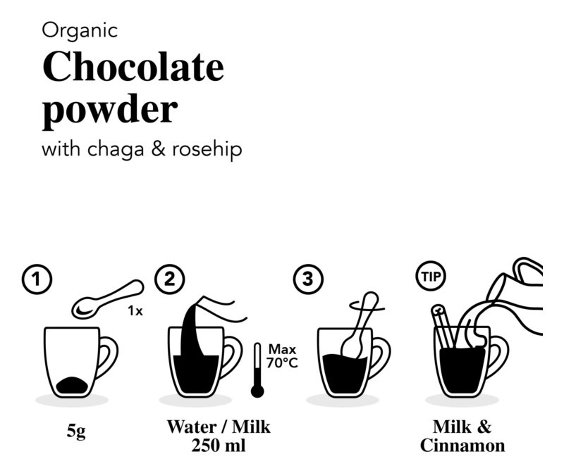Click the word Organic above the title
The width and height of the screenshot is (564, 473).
pos(80,30)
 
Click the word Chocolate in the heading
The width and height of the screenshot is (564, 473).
pos(133,68)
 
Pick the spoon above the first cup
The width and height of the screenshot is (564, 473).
pos(106,298)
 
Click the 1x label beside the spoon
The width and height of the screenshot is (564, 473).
pos(135,310)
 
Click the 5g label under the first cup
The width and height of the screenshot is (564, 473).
pos(75,431)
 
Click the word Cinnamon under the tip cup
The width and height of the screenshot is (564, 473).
pos(462,446)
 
